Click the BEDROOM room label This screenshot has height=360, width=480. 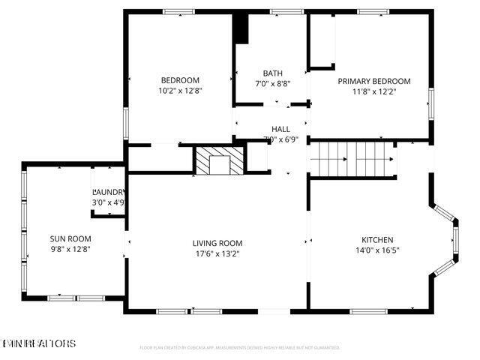click(x=180, y=80)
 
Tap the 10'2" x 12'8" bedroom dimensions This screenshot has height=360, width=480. click(x=180, y=90)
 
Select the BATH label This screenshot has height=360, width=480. click(x=272, y=73)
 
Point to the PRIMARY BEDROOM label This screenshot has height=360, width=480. click(x=373, y=81)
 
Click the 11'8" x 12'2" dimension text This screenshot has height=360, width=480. click(x=373, y=91)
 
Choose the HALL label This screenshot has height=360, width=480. click(x=280, y=129)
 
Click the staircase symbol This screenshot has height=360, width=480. click(x=353, y=159)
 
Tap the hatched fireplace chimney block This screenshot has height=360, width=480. click(x=220, y=160)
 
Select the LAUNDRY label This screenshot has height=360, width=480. click(x=108, y=192)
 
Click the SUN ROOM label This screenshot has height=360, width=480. click(x=65, y=238)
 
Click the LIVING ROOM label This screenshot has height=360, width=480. click(x=217, y=243)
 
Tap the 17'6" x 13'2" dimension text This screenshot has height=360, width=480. click(x=217, y=253)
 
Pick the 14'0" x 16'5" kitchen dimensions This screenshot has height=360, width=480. click(x=377, y=250)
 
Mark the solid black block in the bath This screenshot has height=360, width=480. click(x=241, y=29)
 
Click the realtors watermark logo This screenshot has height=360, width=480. click(x=38, y=343)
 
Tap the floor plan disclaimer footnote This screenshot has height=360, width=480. click(x=240, y=348)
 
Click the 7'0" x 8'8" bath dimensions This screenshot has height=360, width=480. click(x=272, y=83)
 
